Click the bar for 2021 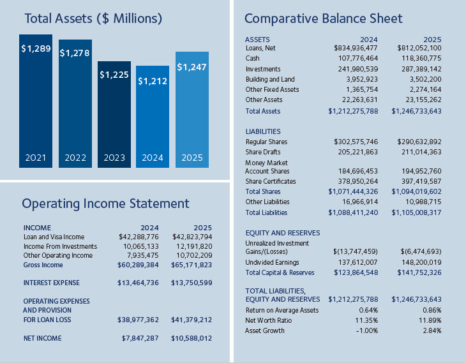(x=36, y=102)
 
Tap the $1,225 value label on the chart (x=114, y=75)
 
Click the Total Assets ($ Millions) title (x=93, y=19)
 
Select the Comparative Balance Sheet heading (x=324, y=18)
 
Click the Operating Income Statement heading (x=105, y=204)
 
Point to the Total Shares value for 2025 (x=416, y=191)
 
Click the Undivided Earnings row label (x=273, y=262)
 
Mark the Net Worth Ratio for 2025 (x=428, y=320)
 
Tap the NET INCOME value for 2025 (x=192, y=338)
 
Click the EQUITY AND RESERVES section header (x=283, y=233)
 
